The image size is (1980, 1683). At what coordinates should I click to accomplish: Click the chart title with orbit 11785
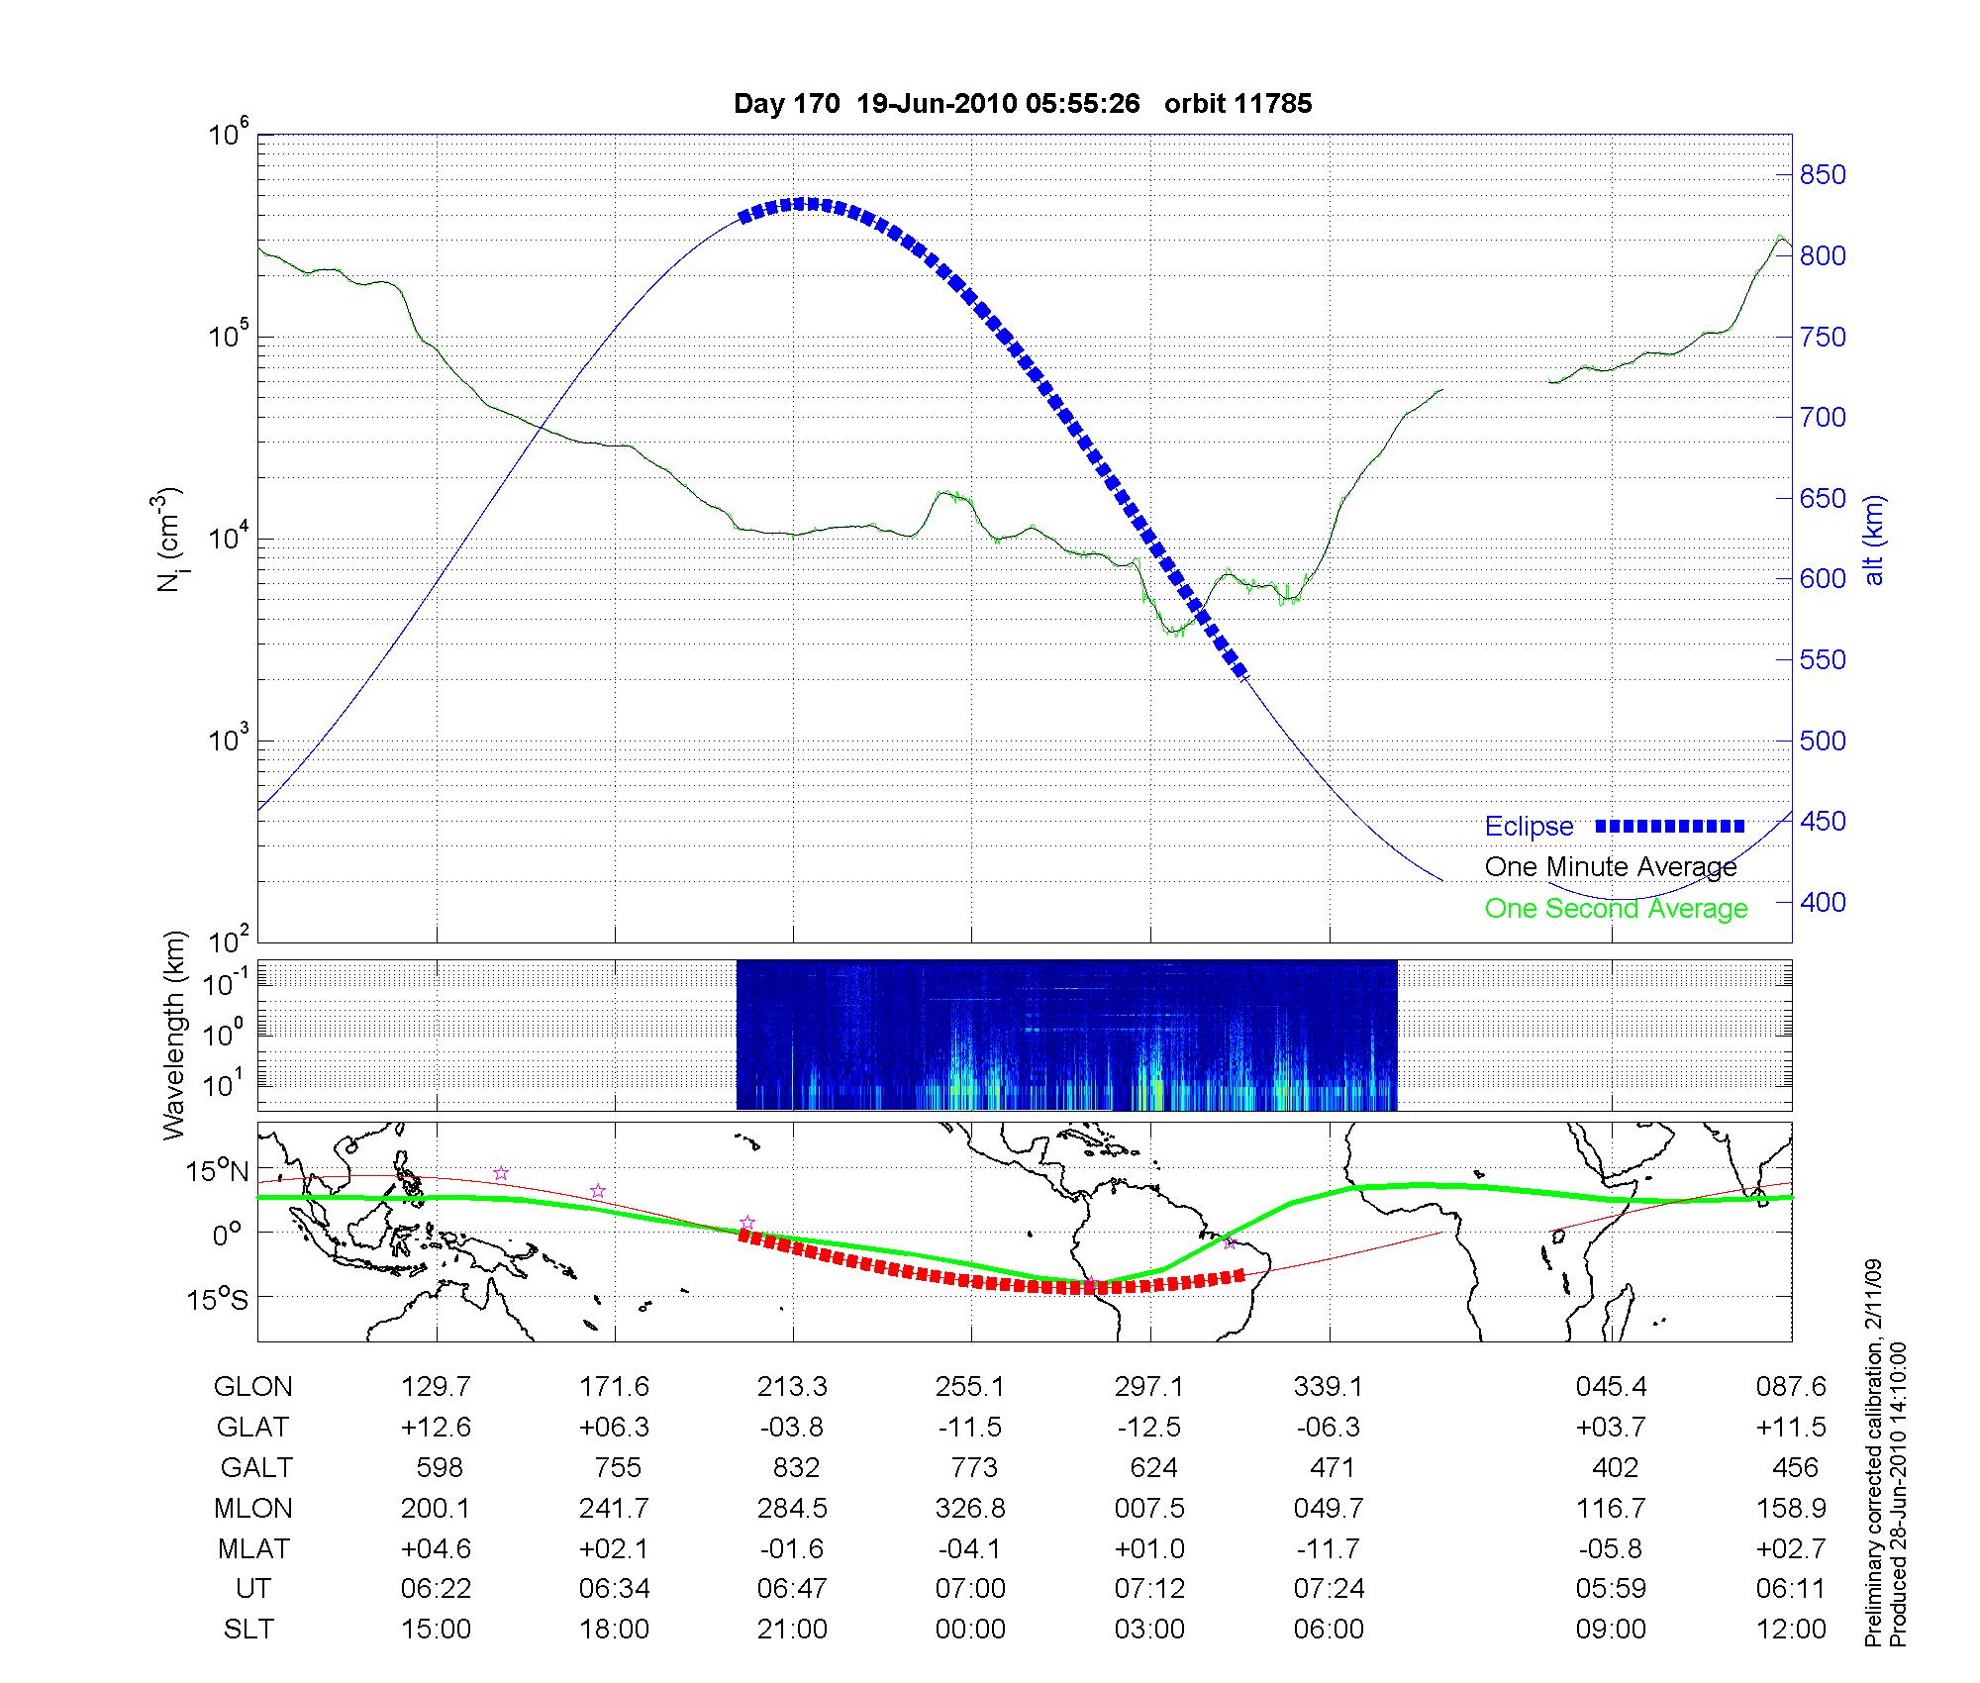click(x=1023, y=104)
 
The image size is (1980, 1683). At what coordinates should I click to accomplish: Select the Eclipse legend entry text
click(x=1529, y=827)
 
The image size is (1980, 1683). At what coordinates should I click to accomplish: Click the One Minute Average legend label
click(x=1611, y=867)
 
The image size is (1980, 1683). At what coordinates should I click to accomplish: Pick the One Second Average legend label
click(x=1616, y=909)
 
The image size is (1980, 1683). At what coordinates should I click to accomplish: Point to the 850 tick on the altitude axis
click(x=1822, y=175)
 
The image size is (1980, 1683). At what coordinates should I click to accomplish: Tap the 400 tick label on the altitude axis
click(x=1822, y=903)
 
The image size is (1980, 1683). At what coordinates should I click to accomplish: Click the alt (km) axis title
click(x=1874, y=540)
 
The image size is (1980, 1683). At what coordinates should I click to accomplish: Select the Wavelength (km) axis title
click(x=174, y=1036)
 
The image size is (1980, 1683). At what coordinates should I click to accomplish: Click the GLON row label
click(x=252, y=1387)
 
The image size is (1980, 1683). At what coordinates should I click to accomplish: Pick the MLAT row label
click(x=252, y=1548)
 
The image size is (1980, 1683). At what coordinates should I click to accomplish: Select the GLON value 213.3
click(x=792, y=1387)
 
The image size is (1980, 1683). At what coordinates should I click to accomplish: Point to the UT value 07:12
click(x=1149, y=1589)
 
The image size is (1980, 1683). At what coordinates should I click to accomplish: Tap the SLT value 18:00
click(x=615, y=1630)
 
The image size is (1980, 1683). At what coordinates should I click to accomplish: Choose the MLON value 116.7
click(x=1611, y=1509)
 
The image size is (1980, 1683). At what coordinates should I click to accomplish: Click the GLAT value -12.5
click(x=1148, y=1428)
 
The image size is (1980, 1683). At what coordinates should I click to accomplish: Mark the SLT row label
click(x=248, y=1630)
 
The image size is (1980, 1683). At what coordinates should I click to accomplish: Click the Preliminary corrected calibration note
click(x=1873, y=1466)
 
